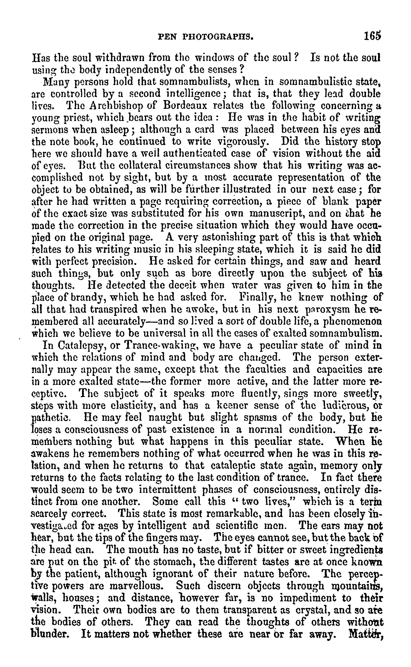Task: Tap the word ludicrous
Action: pyautogui.click(x=343, y=406)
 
